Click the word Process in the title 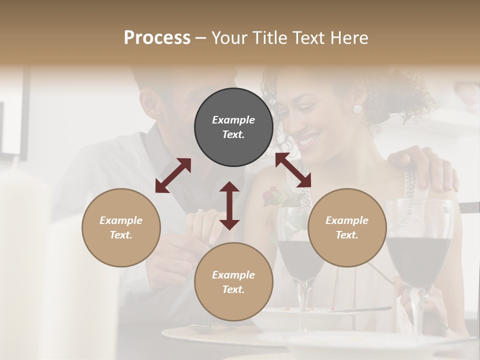pos(157,38)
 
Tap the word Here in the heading pos(350,38)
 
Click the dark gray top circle pos(233,127)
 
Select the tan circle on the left pos(121,227)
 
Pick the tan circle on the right pos(347,227)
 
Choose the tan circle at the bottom pos(233,281)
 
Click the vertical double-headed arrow pos(229,205)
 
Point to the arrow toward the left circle pos(173,175)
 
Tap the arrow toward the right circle pos(293,170)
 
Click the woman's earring pos(357,109)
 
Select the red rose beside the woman pos(272,195)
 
